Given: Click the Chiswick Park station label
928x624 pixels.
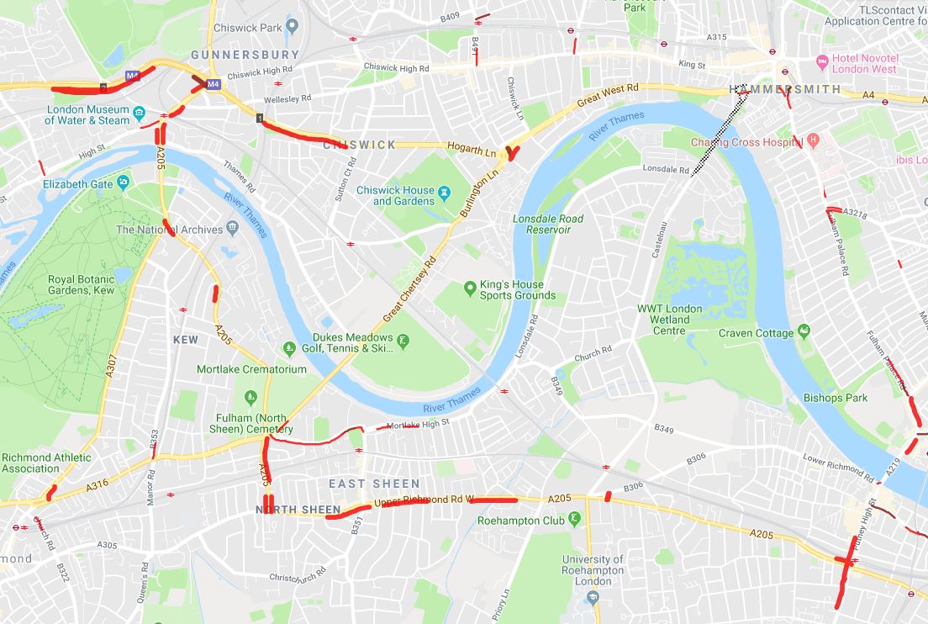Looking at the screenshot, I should click(247, 28).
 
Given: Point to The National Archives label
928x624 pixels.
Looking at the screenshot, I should click(170, 230).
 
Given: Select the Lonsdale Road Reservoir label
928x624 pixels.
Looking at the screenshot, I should click(548, 225).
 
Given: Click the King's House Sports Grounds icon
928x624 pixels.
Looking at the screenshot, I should click(471, 290).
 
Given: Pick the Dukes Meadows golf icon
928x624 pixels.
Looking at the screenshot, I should click(403, 341).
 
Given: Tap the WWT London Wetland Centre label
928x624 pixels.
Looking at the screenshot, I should click(670, 320).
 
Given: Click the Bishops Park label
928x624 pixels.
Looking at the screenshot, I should click(835, 397).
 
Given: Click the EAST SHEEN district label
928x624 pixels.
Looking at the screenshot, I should click(374, 484).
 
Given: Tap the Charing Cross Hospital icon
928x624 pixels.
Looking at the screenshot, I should click(812, 140).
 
